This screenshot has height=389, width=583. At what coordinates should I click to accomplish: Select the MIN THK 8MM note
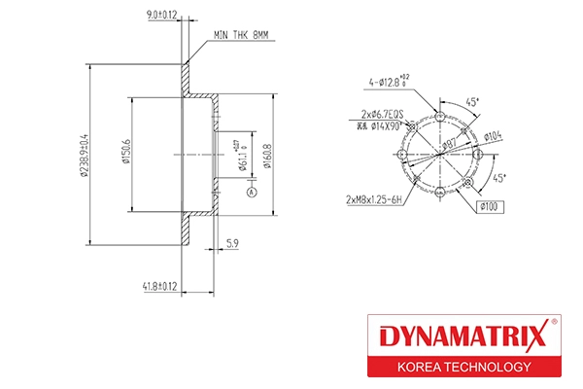point(241,35)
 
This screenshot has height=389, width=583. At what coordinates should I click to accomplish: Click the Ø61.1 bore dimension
point(239,156)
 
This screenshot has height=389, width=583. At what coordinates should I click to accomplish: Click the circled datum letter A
point(252,193)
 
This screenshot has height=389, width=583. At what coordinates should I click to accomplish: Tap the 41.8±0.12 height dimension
point(158,286)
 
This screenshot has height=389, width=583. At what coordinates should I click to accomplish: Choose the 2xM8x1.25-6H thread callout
point(375,199)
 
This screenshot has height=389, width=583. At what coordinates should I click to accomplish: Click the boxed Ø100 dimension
point(489,206)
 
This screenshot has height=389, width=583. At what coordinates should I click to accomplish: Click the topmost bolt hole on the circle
point(442,118)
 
